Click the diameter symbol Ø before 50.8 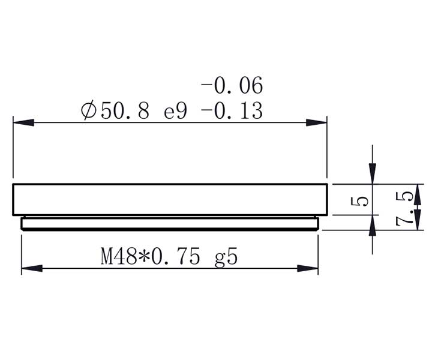pos(88,111)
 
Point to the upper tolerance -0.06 pos(232,86)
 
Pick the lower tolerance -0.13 pos(232,111)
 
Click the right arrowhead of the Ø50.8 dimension pos(317,122)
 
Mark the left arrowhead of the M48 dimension pos(31,268)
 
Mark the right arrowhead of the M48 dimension pos(307,268)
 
